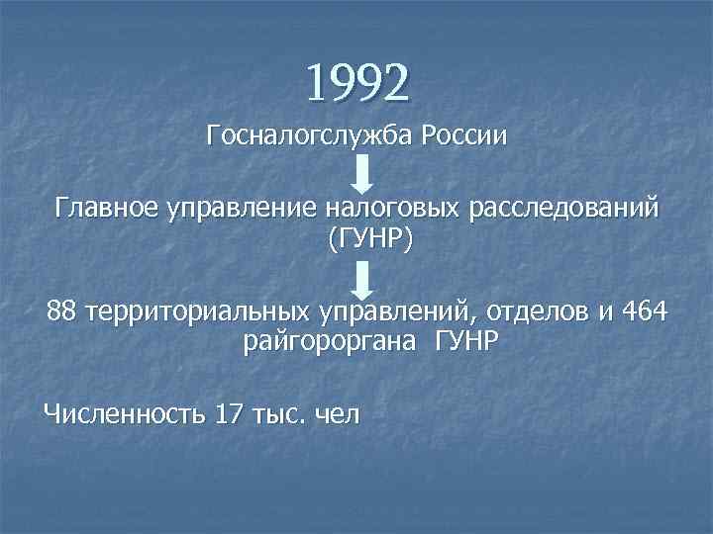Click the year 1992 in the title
356,83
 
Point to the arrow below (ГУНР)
363,280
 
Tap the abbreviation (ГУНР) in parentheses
362,240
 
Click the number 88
61,313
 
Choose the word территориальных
197,313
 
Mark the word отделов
536,313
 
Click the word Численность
124,412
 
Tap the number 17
229,412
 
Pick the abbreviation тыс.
281,412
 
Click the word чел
337,412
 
